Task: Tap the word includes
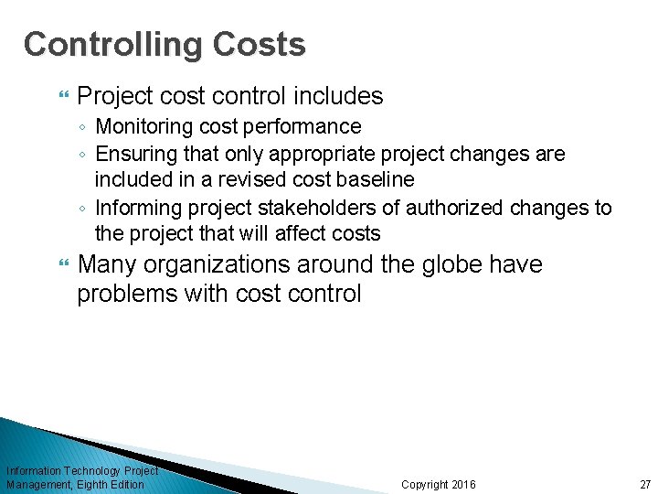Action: (343, 96)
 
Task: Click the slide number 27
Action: (645, 484)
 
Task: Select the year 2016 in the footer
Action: (464, 484)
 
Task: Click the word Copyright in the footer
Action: (425, 484)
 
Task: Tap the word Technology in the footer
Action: (97, 470)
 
